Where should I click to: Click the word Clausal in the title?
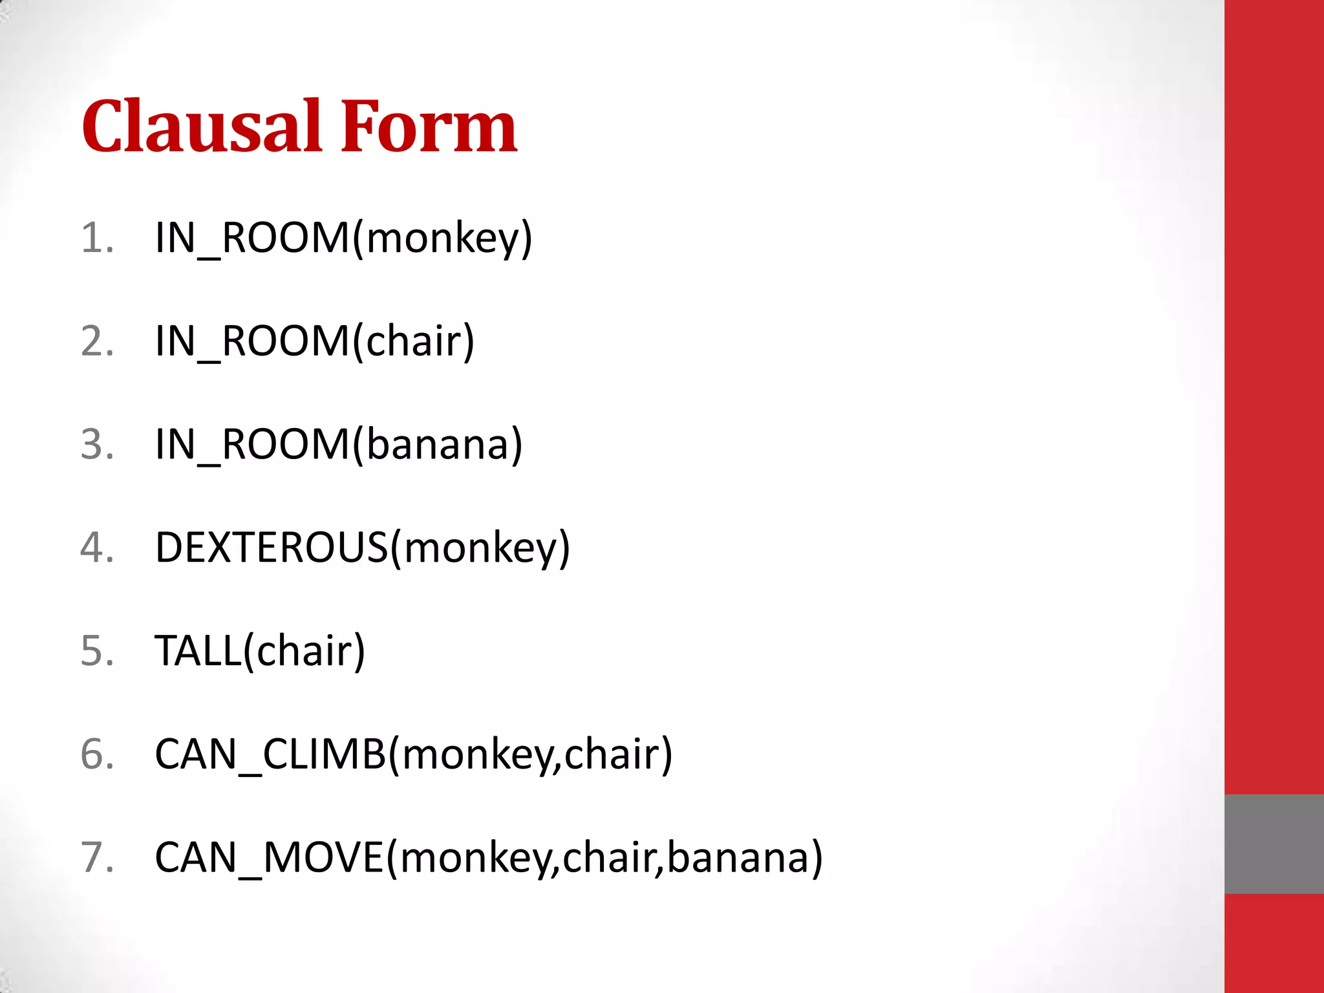202,127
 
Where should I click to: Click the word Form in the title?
429,127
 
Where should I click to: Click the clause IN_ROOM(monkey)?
343,238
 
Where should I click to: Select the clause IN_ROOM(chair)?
315,341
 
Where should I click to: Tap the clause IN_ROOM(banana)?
339,445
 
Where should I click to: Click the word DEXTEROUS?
272,548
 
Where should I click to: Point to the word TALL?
198,651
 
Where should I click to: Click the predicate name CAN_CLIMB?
270,754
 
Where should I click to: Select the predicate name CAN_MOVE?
270,858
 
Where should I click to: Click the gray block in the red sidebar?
1274,844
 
